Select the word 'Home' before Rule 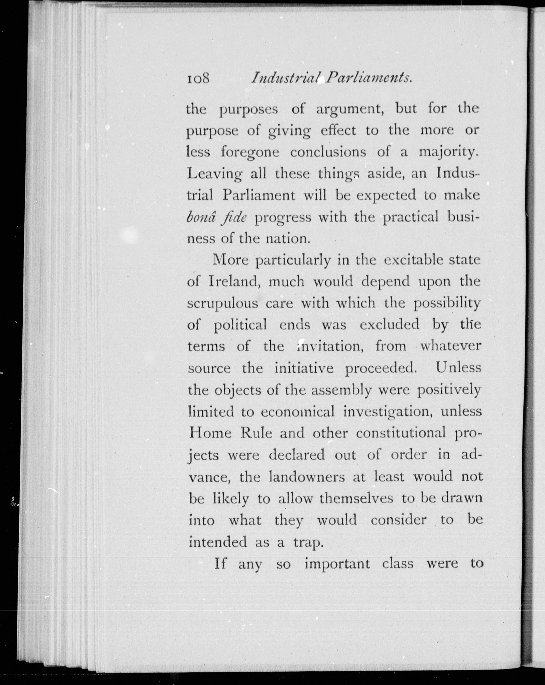(210, 433)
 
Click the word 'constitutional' (401, 433)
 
